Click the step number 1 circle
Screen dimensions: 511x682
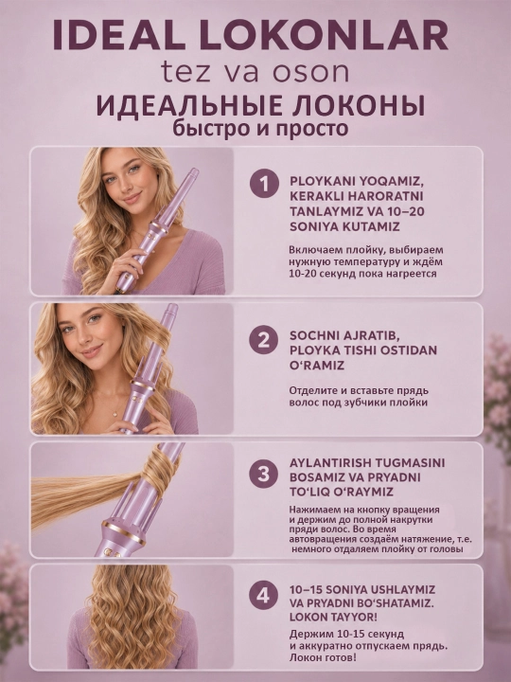click(x=264, y=184)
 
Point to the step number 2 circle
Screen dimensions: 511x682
click(x=264, y=340)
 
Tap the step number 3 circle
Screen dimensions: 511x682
click(x=264, y=474)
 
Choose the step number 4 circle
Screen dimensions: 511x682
click(x=264, y=595)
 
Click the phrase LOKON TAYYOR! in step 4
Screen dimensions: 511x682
click(x=333, y=618)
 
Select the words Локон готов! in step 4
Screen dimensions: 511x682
click(x=323, y=656)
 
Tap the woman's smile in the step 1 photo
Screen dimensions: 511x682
click(x=132, y=198)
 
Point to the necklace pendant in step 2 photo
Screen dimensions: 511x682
click(x=115, y=414)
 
